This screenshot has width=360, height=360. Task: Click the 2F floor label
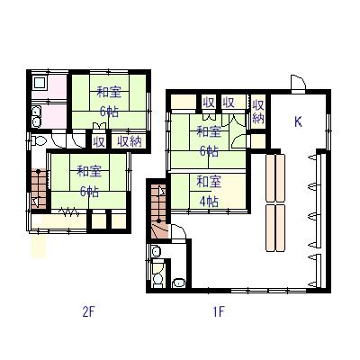tap(88, 312)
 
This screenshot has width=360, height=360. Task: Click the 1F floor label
tap(219, 312)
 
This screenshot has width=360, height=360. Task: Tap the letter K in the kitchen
tap(298, 121)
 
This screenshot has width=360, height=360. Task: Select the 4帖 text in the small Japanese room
tap(209, 202)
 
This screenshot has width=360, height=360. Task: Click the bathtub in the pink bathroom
tap(40, 83)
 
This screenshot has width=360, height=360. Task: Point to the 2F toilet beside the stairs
tap(39, 140)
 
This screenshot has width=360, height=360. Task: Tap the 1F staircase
tap(157, 211)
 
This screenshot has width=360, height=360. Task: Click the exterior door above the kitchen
tap(298, 82)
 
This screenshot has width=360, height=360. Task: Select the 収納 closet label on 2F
tap(129, 141)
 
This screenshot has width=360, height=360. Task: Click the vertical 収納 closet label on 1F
tap(258, 112)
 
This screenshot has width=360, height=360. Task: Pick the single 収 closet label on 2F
tap(99, 141)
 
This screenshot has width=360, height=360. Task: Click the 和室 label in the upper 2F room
tap(109, 92)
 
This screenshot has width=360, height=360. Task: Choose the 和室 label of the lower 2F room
tap(89, 172)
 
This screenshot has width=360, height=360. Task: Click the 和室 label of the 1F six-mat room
tap(209, 131)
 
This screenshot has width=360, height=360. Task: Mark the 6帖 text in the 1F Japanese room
tap(209, 151)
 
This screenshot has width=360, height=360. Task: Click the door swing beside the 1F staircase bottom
tap(177, 232)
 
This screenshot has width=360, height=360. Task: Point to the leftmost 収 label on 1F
tap(208, 103)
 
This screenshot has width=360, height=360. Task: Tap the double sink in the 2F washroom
tap(37, 117)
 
